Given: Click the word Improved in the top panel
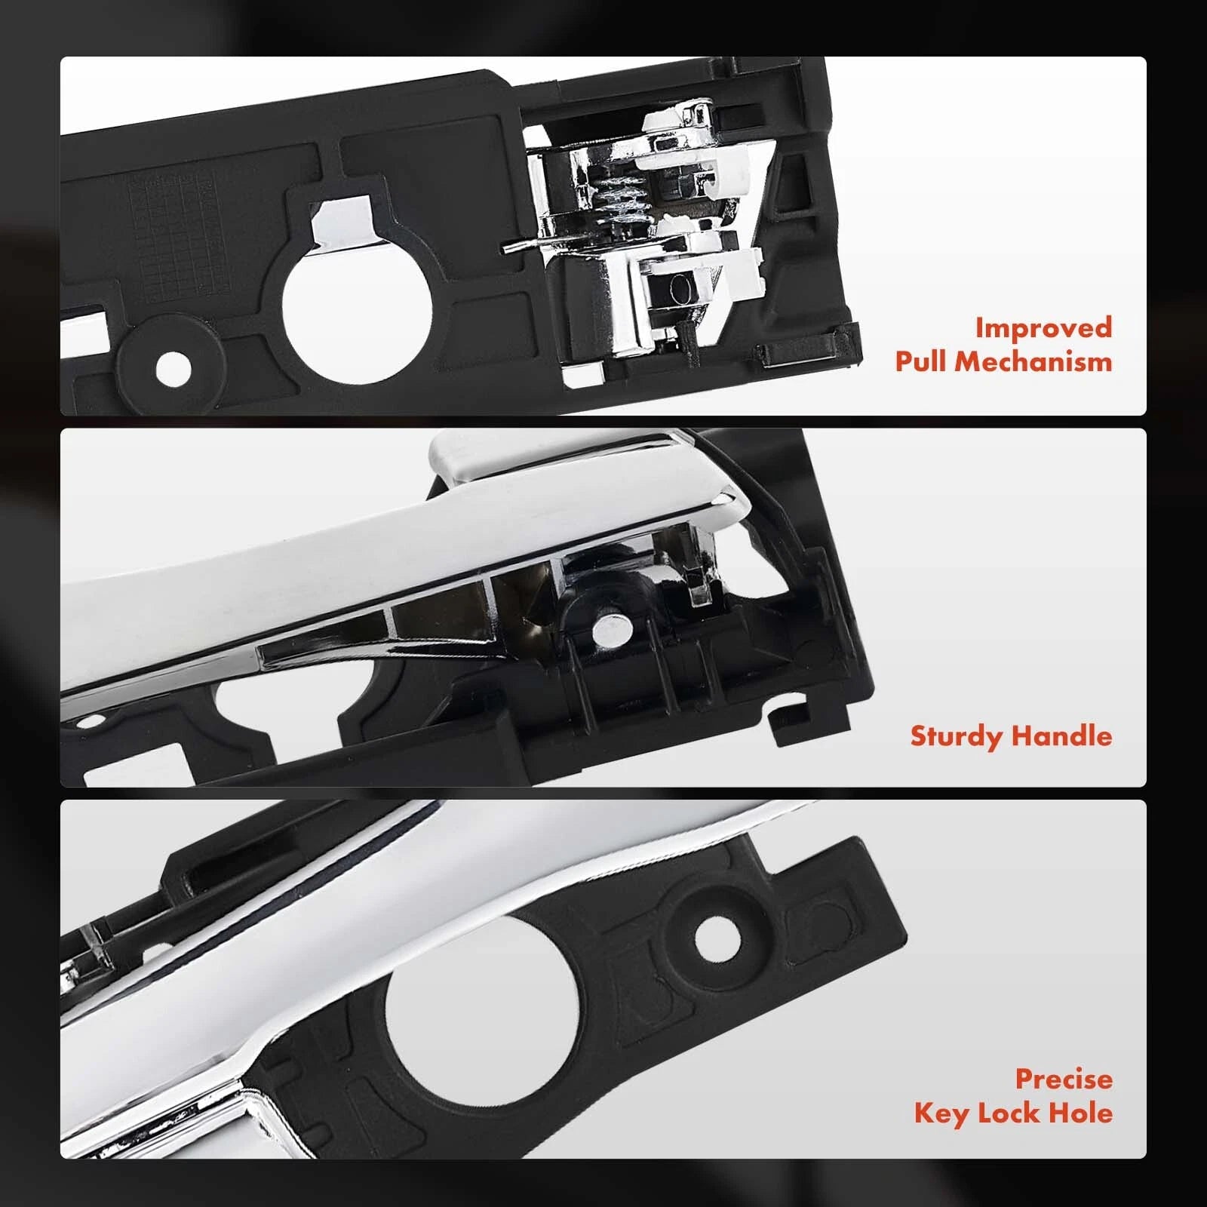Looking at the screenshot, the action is [x=1043, y=327].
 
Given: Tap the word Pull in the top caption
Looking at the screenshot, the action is [x=920, y=361].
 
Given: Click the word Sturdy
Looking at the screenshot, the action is [x=956, y=736].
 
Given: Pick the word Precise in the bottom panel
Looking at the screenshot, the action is [x=1064, y=1079].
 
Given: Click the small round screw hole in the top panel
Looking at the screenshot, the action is [x=174, y=367].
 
